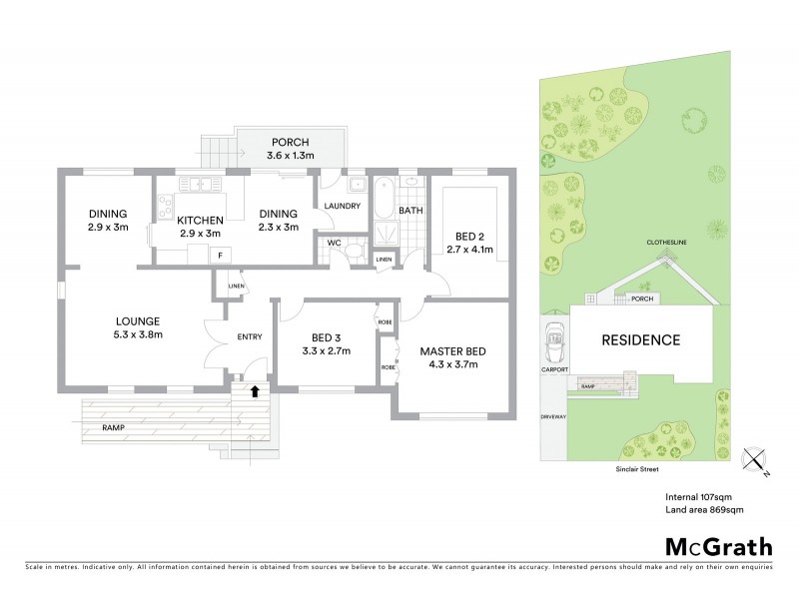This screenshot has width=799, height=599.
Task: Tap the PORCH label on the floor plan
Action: click(291, 141)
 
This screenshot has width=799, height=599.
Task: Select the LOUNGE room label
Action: click(138, 320)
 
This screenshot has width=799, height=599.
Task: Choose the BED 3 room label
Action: click(328, 338)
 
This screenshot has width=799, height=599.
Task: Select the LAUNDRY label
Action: click(342, 206)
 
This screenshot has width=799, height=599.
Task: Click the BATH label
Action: click(410, 211)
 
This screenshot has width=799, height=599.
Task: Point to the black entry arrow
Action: click(255, 391)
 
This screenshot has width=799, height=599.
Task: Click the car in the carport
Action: click(554, 346)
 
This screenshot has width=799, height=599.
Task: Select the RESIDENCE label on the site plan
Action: click(640, 340)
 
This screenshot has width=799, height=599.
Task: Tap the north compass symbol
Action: click(758, 462)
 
